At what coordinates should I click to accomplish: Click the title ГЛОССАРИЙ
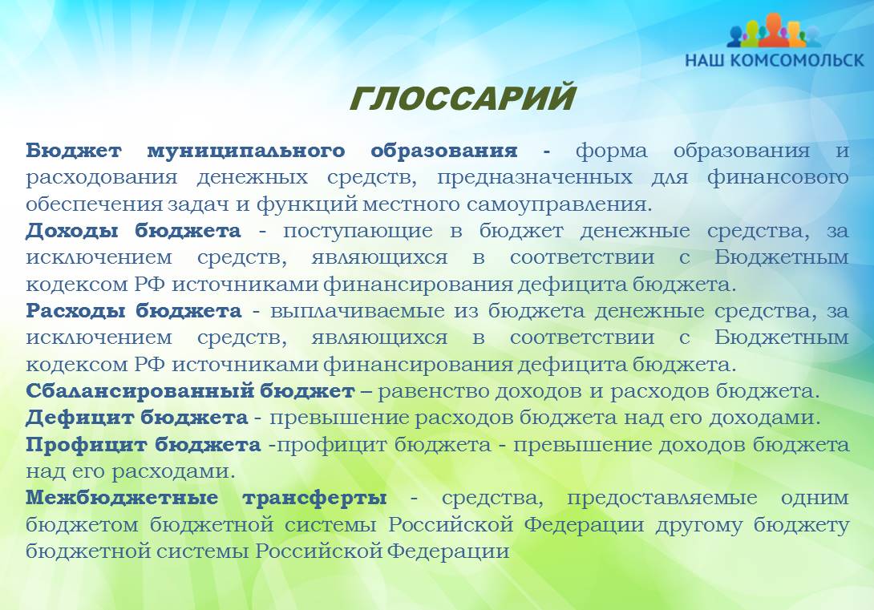pos(462,98)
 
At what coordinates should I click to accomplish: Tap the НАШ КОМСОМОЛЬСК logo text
pos(775,59)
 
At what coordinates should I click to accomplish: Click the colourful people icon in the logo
pos(774,30)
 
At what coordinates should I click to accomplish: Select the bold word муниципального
pos(246,151)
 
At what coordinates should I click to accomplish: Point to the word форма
pos(612,151)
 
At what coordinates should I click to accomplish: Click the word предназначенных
pos(535,178)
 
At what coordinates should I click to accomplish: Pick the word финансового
pos(778,178)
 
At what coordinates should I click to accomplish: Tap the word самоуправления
pos(559,204)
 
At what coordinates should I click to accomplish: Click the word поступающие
pos(358,231)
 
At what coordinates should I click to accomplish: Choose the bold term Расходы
pos(75,311)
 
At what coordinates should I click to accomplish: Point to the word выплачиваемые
pos(358,311)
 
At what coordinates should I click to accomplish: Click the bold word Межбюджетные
pos(122,498)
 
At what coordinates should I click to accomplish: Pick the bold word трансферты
pos(314,498)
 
